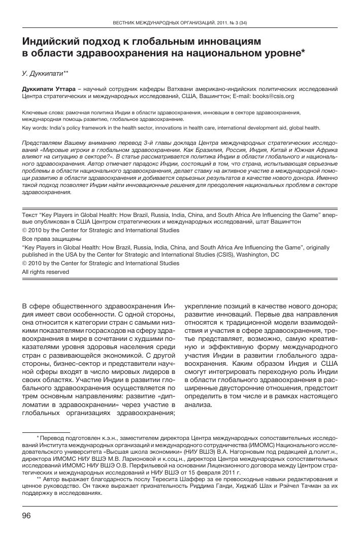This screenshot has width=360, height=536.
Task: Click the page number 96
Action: click(27, 516)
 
